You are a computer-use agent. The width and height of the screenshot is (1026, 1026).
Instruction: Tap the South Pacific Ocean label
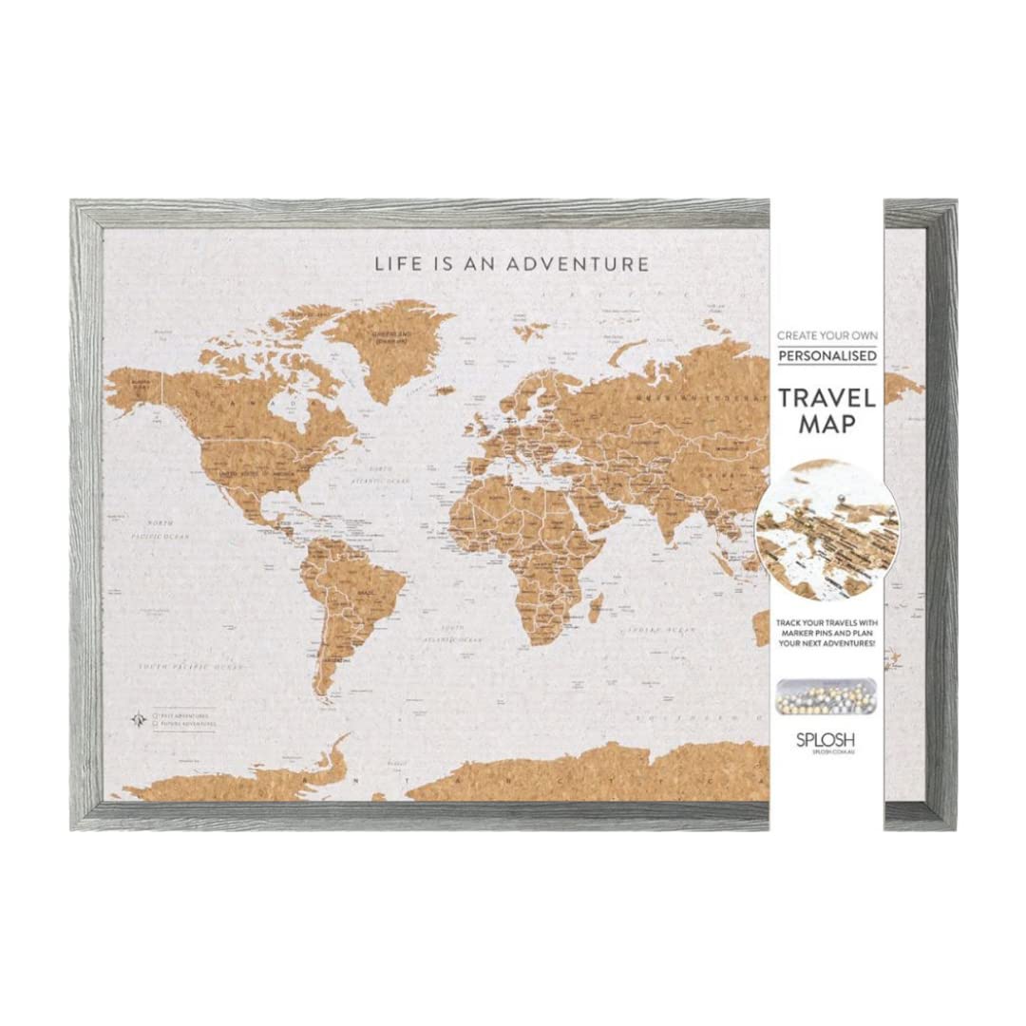190,667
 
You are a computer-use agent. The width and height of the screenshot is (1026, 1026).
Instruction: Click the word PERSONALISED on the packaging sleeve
826,356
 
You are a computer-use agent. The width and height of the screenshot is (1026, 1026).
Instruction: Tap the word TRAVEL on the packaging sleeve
826,397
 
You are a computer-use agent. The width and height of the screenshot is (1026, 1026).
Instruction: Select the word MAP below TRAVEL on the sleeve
826,424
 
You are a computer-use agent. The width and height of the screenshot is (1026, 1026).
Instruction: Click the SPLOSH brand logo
826,737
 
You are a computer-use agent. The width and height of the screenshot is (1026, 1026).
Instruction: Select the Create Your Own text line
826,335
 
